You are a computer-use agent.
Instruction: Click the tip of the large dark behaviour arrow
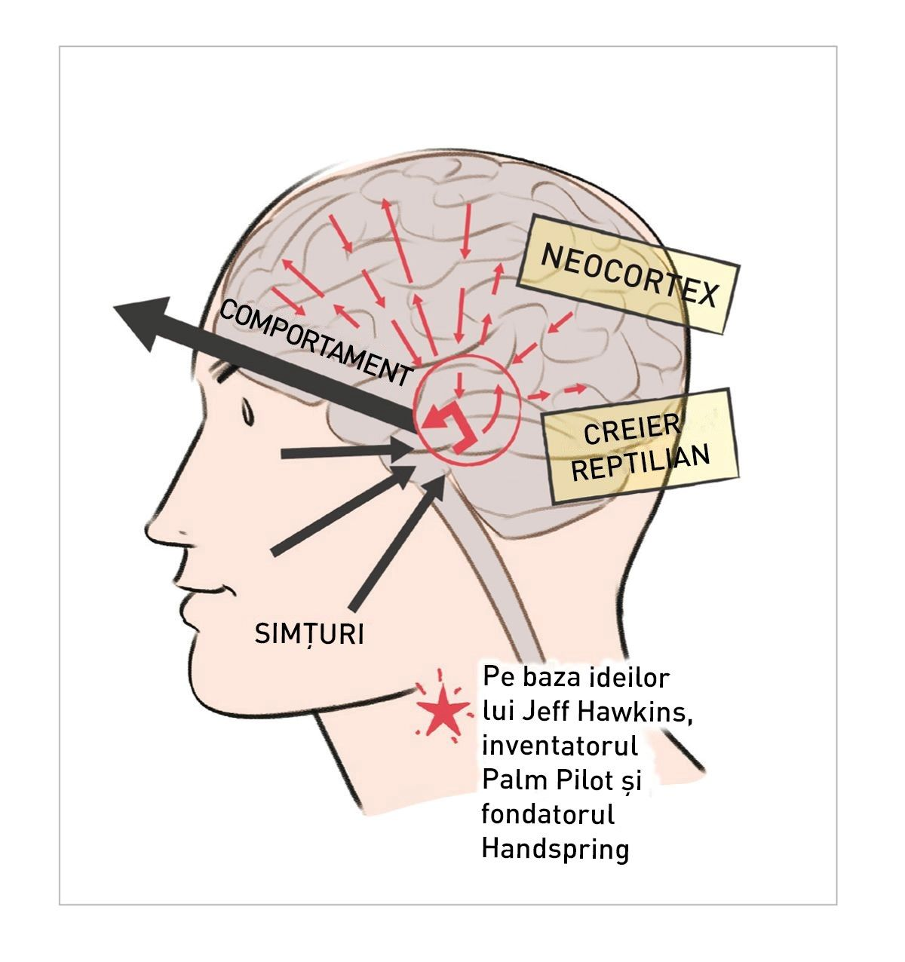[114, 307]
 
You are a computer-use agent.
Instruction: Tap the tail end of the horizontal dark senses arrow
[281, 454]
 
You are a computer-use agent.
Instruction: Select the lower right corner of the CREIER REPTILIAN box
[739, 476]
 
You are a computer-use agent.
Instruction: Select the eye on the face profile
[247, 413]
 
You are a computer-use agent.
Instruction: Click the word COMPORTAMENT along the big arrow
[315, 342]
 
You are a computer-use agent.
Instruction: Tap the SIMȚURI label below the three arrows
[309, 634]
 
